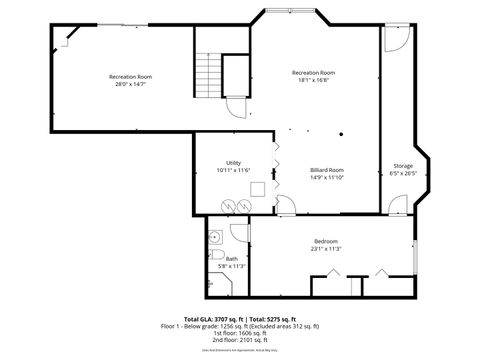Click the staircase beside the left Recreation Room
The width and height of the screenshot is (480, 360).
point(206,73)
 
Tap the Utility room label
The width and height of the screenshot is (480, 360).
point(233,162)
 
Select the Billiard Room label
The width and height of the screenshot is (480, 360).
point(326,170)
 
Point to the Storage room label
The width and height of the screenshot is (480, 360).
point(402,166)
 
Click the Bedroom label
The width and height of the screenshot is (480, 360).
point(326,241)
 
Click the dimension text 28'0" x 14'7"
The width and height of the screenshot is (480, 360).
point(131,84)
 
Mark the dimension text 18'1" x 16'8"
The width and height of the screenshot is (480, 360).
point(313,80)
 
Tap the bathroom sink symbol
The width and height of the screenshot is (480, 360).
point(216,237)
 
